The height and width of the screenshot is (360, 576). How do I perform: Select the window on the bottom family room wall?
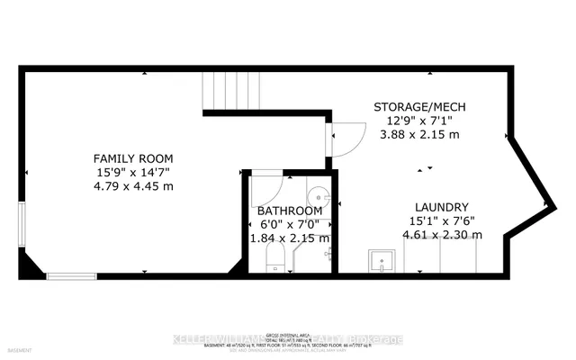pyautogui.click(x=72, y=275)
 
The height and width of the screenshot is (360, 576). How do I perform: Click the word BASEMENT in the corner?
pyautogui.click(x=17, y=348)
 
